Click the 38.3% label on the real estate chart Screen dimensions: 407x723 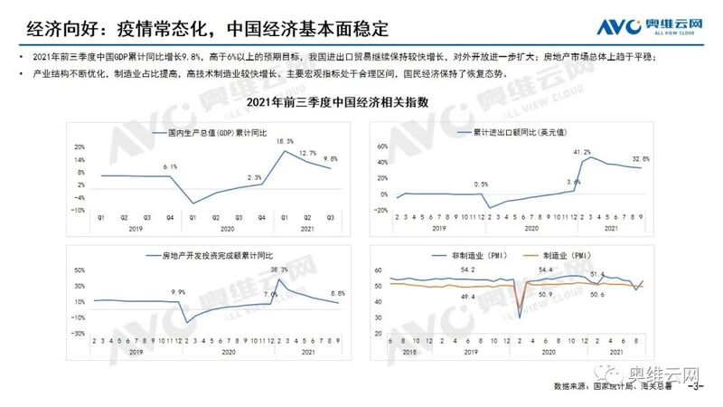click(x=280, y=270)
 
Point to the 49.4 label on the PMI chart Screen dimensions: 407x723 click(x=468, y=297)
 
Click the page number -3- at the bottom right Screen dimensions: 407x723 click(x=696, y=387)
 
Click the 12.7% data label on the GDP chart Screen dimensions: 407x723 click(x=308, y=153)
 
